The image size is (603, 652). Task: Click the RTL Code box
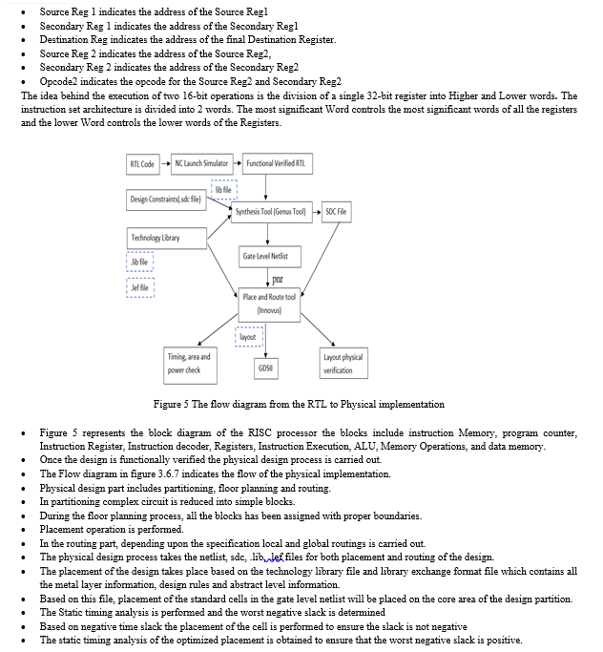tap(142, 164)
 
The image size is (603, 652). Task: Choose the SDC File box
tap(337, 211)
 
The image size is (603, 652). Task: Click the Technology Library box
tap(156, 237)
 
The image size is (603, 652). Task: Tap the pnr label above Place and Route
tap(276, 281)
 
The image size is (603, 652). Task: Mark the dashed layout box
tap(248, 336)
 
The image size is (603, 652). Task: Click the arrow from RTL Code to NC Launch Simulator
tap(166, 164)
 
